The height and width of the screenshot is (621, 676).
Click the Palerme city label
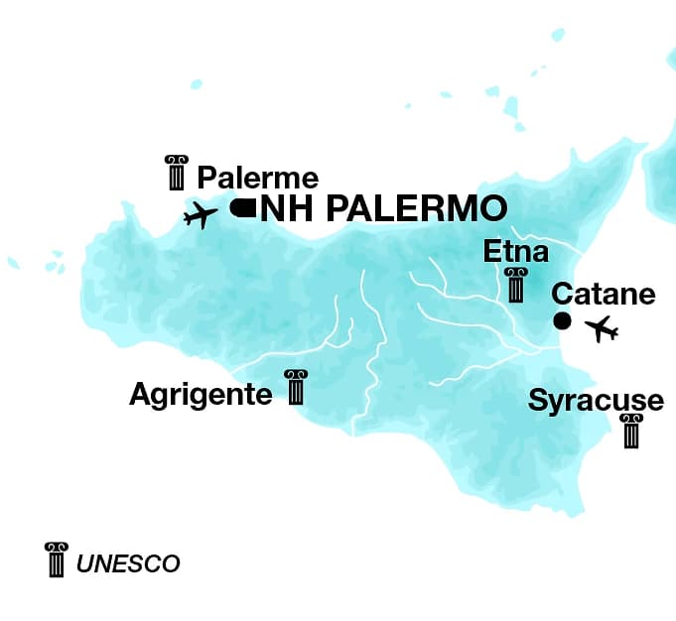coord(258,179)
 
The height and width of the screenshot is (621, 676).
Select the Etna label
coord(515,252)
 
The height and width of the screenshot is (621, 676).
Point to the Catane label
coord(604,295)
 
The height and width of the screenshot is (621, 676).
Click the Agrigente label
coord(201,395)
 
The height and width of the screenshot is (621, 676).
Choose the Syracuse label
coord(596,401)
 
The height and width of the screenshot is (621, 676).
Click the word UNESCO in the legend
coord(128,564)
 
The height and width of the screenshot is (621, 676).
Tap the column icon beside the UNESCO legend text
coord(57,559)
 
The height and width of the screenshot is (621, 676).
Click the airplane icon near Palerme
coord(201,214)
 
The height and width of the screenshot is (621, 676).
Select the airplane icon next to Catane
coord(602,328)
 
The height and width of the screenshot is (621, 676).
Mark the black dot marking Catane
coord(562,320)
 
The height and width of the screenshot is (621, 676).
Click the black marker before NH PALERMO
coord(242,207)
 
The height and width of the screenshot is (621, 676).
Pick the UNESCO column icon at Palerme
coord(177,173)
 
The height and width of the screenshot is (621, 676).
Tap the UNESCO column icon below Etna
coord(515,285)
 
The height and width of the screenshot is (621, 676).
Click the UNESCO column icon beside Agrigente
coord(295,388)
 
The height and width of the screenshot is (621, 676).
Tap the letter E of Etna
coord(491,252)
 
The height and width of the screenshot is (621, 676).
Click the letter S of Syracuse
coord(537,401)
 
